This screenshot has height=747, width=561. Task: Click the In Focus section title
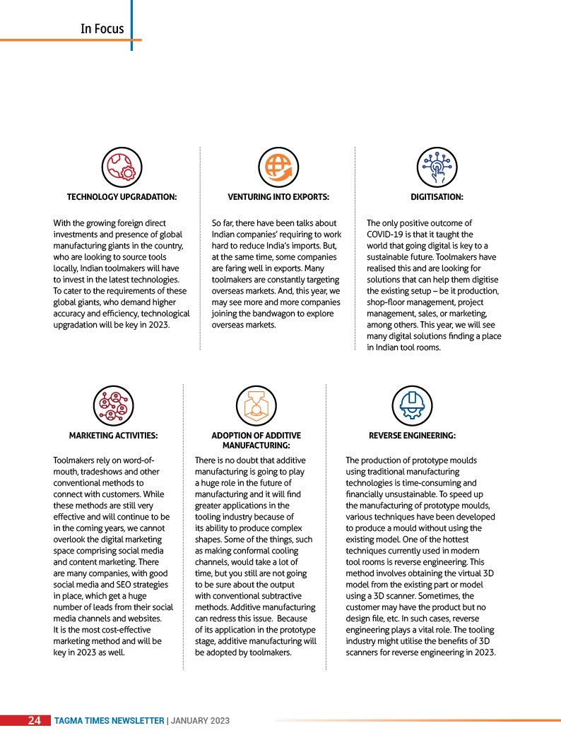(x=102, y=29)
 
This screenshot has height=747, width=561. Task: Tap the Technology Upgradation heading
(x=122, y=197)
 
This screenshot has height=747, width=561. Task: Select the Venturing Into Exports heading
(x=278, y=197)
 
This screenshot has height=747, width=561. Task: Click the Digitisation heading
(x=437, y=197)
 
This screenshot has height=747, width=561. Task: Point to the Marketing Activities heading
(x=113, y=436)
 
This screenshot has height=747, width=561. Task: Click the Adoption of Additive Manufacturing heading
(x=256, y=441)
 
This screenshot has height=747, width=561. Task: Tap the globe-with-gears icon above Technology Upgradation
(x=122, y=167)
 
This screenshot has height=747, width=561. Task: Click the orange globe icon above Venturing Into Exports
(x=276, y=167)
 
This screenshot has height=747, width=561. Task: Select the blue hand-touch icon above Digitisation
(x=436, y=167)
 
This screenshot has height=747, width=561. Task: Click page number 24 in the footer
(x=34, y=721)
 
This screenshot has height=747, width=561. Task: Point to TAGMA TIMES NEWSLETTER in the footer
(x=110, y=721)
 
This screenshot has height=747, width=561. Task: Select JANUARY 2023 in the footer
(x=201, y=721)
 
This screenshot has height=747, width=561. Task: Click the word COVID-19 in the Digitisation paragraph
(x=389, y=234)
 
